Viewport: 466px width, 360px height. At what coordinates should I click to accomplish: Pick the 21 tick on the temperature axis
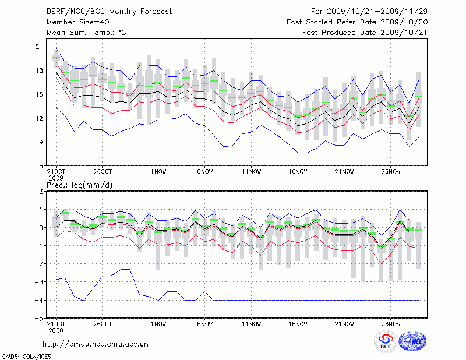click(x=38, y=47)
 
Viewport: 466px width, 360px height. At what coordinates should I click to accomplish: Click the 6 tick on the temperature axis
click(x=41, y=165)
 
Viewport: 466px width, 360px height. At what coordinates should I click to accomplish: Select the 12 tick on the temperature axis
click(x=38, y=118)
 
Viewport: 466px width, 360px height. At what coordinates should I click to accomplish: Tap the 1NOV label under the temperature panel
click(x=158, y=172)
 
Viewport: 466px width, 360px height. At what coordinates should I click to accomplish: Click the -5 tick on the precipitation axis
click(x=38, y=318)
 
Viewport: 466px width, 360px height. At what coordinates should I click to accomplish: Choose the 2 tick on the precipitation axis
click(x=41, y=191)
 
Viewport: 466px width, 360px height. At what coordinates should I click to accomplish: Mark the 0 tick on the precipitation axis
click(x=41, y=227)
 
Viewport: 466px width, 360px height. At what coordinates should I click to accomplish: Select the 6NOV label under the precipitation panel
click(x=204, y=324)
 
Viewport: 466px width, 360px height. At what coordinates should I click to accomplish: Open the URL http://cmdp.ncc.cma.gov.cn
click(x=96, y=344)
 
